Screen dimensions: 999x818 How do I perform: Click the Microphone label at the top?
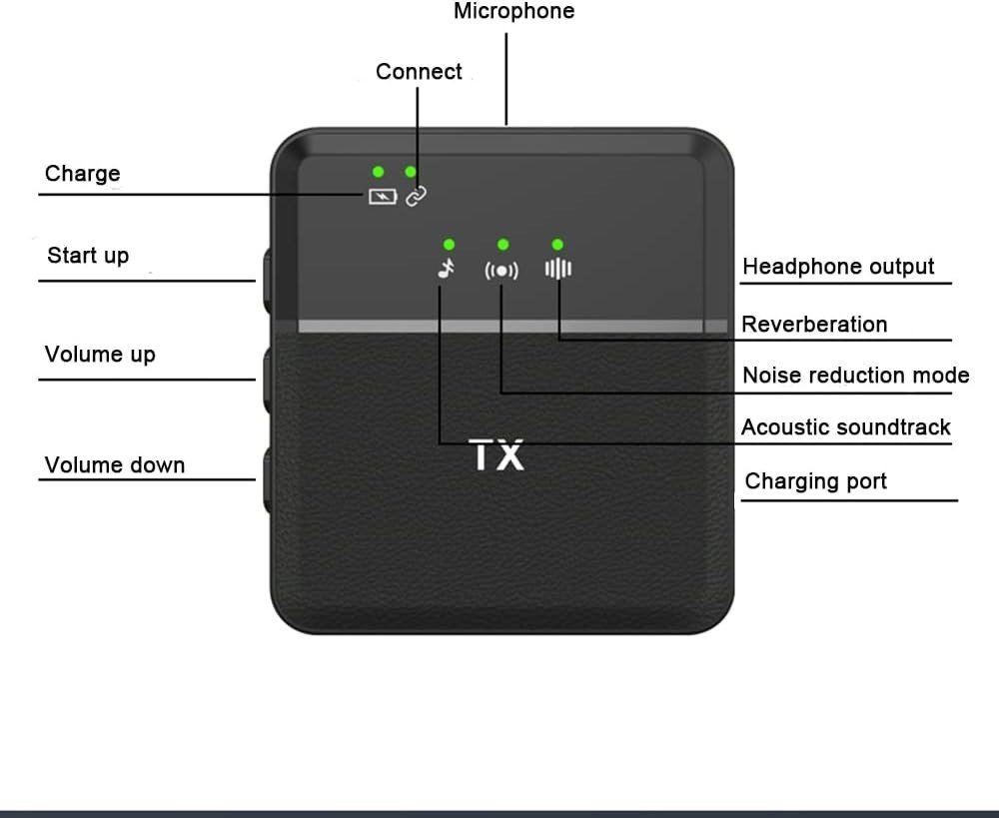pos(514,11)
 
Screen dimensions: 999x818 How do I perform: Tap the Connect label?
pos(419,71)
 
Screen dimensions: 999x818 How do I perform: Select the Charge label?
pos(82,173)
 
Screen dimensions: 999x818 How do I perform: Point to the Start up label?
pos(88,256)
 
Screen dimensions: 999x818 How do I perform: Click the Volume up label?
pos(100,355)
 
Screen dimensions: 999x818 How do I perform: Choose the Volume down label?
pos(115,465)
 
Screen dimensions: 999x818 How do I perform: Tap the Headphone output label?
pos(838,267)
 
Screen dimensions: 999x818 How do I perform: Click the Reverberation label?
pos(814,325)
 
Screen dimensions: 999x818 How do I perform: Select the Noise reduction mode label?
pos(856,376)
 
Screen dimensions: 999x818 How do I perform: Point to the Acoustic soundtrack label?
pos(845,426)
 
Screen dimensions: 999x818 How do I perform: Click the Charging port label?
pos(815,481)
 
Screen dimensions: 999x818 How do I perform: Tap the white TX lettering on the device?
pos(497,454)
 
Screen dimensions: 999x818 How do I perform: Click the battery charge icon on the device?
pos(383,196)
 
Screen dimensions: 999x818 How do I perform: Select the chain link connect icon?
pos(416,196)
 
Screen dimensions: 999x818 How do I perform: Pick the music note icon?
pos(447,269)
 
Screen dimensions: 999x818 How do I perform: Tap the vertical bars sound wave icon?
pos(558,269)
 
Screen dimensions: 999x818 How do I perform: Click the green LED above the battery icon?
pos(379,172)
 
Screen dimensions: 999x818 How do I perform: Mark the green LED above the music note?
pos(450,245)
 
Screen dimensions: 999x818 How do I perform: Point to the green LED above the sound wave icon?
pos(557,245)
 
